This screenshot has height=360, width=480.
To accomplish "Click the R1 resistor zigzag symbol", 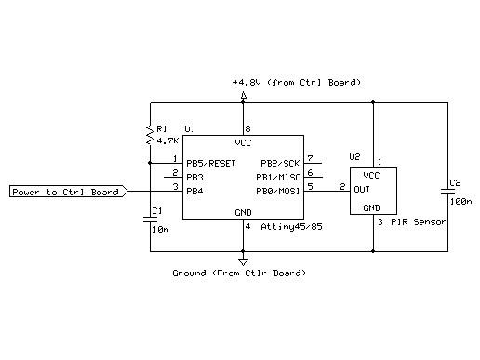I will tap(150, 134).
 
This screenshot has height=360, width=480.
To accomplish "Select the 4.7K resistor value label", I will tap(167, 140).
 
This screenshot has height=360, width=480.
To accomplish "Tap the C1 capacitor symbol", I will tap(150, 220).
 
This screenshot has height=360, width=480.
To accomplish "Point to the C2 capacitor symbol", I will tap(447, 191).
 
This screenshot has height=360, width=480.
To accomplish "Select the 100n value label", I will tap(460, 200).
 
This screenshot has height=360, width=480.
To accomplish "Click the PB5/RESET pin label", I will tap(211, 163).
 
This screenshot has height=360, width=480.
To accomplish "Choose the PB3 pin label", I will tap(194, 176).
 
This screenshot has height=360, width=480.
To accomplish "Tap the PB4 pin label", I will tap(194, 191).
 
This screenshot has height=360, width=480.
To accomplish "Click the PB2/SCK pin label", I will tap(279, 162).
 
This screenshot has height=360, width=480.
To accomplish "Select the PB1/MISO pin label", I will tap(277, 176).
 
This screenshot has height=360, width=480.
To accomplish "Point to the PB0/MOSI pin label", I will tap(277, 191).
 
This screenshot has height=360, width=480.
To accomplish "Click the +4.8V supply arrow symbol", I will tap(244, 96).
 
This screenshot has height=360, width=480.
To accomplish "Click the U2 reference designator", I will tap(354, 157).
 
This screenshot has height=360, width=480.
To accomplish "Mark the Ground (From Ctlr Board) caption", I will tap(239, 273).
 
